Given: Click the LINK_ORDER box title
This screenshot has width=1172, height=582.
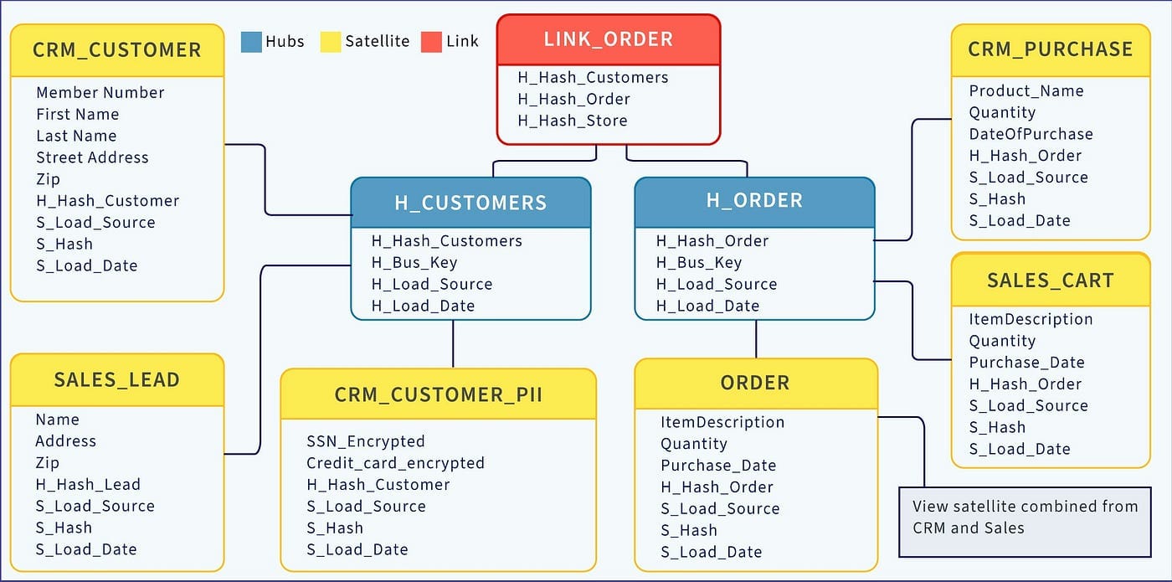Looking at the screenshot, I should (608, 39).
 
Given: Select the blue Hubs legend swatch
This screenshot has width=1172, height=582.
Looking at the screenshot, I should (251, 42).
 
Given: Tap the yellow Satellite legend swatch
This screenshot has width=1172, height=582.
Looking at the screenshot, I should (331, 42).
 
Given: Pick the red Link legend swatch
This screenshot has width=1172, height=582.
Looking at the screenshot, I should (431, 42).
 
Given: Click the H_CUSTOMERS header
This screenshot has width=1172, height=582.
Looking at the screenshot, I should (470, 203).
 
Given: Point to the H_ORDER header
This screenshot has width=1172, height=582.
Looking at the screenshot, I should (754, 201).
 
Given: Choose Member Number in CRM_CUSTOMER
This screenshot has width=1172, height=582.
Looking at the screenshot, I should (100, 93).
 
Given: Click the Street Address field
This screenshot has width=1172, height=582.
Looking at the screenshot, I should (92, 157).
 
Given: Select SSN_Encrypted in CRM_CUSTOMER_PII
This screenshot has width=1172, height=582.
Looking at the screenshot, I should (366, 441).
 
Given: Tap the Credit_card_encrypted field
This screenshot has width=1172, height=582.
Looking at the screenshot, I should (395, 463).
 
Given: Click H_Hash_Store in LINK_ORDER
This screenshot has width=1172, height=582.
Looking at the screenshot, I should (573, 121).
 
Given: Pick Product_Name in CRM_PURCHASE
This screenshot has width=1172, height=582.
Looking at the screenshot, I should (1026, 91).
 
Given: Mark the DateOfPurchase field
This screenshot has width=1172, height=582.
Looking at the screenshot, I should (1031, 134).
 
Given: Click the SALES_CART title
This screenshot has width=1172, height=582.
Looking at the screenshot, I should (1051, 281).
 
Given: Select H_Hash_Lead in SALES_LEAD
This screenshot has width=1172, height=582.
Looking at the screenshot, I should (88, 485).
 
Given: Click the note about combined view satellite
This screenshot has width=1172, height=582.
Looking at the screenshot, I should (1025, 518).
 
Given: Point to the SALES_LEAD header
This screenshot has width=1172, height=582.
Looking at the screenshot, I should (116, 380).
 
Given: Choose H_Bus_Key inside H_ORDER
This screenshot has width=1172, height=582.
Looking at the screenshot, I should (699, 263).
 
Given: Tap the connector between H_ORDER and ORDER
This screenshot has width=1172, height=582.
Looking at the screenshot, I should (756, 339).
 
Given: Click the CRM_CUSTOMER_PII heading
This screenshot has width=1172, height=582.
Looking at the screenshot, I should (438, 394).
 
